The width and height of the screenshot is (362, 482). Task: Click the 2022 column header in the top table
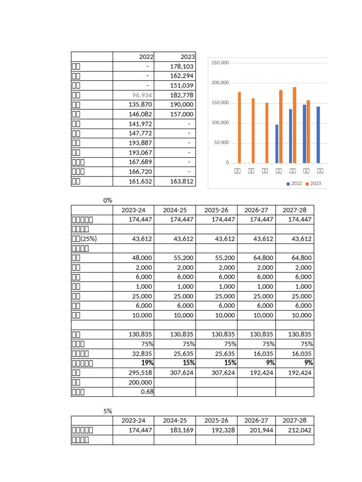tap(146, 57)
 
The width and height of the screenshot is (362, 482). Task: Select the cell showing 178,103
tap(182, 67)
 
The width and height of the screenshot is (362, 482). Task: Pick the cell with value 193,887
tap(141, 143)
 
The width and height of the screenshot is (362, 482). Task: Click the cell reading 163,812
tap(182, 181)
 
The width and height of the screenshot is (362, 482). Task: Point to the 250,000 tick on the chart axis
tap(220, 63)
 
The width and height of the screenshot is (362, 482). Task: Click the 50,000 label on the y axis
tap(221, 143)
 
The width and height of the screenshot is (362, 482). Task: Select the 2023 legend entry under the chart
tap(313, 184)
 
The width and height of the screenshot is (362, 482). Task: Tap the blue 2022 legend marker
tap(288, 184)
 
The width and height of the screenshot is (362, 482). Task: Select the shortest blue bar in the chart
tap(277, 144)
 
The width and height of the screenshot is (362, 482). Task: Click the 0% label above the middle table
tap(107, 201)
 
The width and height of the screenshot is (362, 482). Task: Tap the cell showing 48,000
tap(142, 258)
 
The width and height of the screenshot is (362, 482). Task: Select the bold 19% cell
tap(147, 363)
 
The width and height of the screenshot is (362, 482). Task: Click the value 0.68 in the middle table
tap(147, 392)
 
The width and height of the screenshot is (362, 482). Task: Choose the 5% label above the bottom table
tap(107, 411)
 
